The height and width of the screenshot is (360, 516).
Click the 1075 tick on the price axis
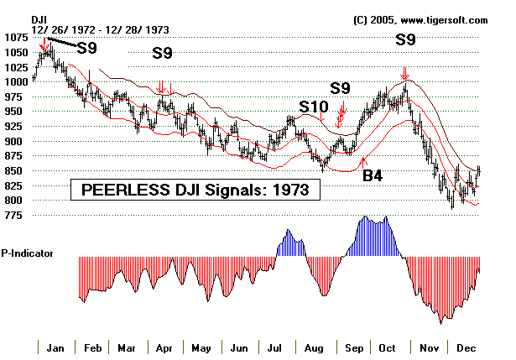15,38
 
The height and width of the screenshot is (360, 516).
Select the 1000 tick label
15,82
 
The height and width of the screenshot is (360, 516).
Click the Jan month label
56,347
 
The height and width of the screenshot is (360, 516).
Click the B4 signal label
373,175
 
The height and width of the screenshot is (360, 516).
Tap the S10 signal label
315,107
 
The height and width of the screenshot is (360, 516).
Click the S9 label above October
405,39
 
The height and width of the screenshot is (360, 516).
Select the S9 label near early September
340,88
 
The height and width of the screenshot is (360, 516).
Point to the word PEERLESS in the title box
122,190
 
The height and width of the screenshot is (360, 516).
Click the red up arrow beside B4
362,159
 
